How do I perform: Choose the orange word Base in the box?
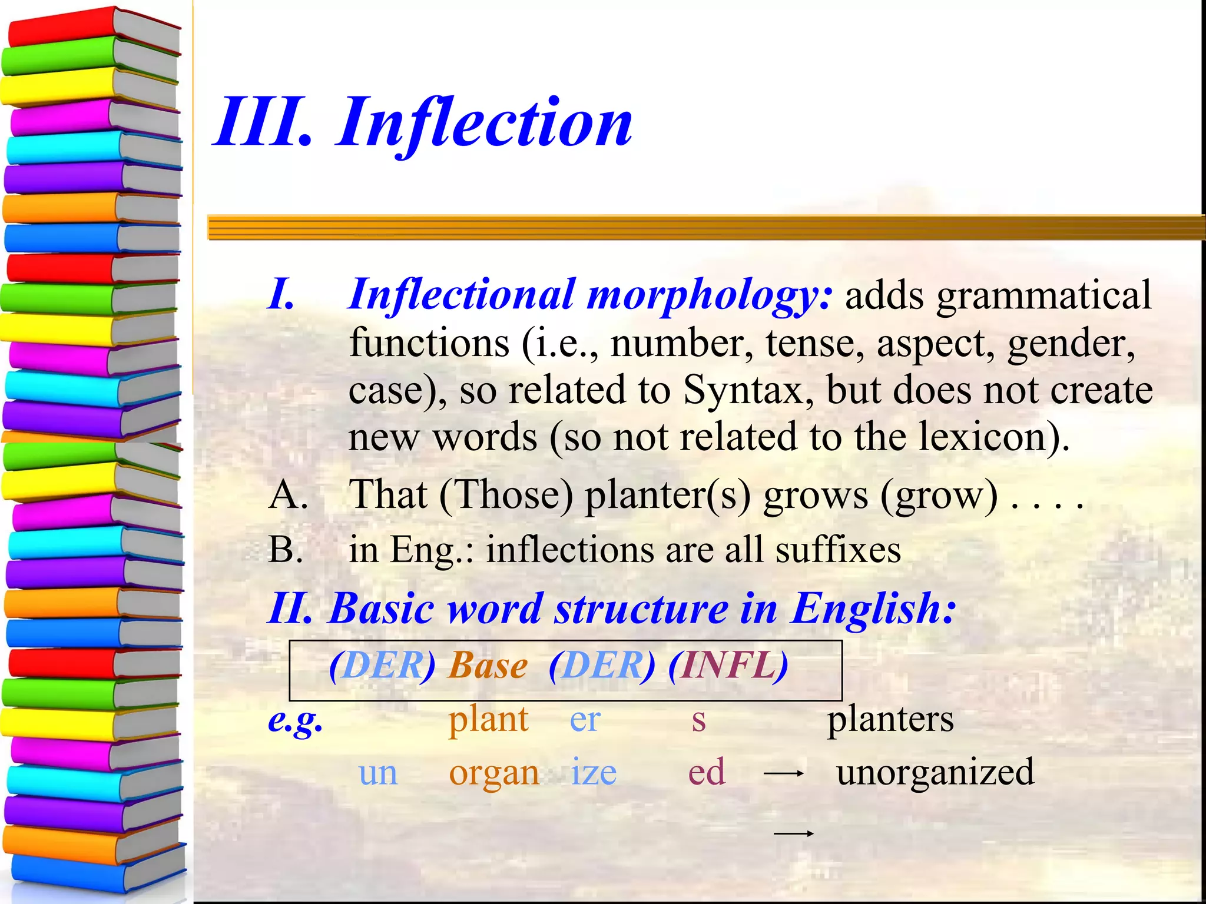pos(488,666)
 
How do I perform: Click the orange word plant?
pos(488,719)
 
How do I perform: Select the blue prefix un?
pos(377,772)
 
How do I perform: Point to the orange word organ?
pos(493,773)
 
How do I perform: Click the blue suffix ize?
pos(594,772)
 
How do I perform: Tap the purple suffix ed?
pos(707,772)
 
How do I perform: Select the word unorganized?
pos(935,772)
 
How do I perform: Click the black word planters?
pos(890,719)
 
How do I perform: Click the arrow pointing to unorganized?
pos(783,774)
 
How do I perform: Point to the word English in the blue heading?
pos(872,609)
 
